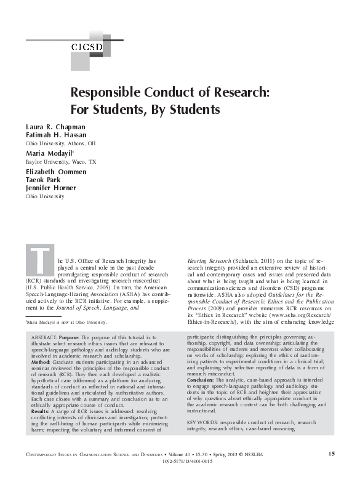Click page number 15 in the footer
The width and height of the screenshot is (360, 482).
[332, 454]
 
